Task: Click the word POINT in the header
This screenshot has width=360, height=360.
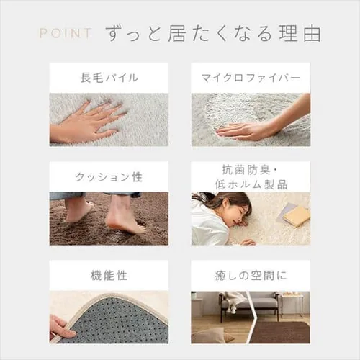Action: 66,33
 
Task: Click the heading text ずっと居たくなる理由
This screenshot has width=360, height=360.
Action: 213,34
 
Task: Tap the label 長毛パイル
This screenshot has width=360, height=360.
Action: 109,78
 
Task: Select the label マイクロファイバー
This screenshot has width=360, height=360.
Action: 251,78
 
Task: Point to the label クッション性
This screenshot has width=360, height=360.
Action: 109,177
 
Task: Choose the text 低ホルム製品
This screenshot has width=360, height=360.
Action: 251,184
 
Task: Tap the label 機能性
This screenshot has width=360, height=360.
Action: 109,275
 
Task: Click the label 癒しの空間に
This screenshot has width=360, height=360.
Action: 251,275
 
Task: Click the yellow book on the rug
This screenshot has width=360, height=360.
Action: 297,216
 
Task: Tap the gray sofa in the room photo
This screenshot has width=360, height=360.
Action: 250,305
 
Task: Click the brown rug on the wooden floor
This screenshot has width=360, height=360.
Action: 281,333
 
